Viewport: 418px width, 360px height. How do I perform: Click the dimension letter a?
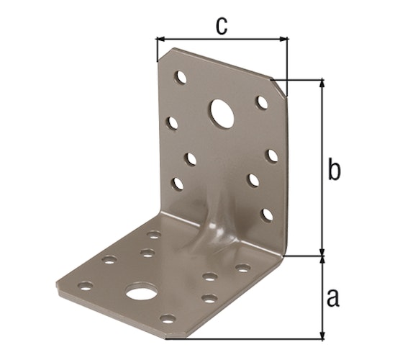coord(332,297)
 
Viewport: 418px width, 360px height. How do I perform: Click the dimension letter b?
coord(333,171)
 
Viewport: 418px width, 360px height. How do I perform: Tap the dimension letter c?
coord(222,27)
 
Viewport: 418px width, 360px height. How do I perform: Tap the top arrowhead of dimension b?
coord(322,84)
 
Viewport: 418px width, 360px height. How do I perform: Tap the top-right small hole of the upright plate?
coord(261,101)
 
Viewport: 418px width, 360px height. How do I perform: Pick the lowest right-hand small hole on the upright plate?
coord(266,214)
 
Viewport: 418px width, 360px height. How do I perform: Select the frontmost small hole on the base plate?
coord(167,318)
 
